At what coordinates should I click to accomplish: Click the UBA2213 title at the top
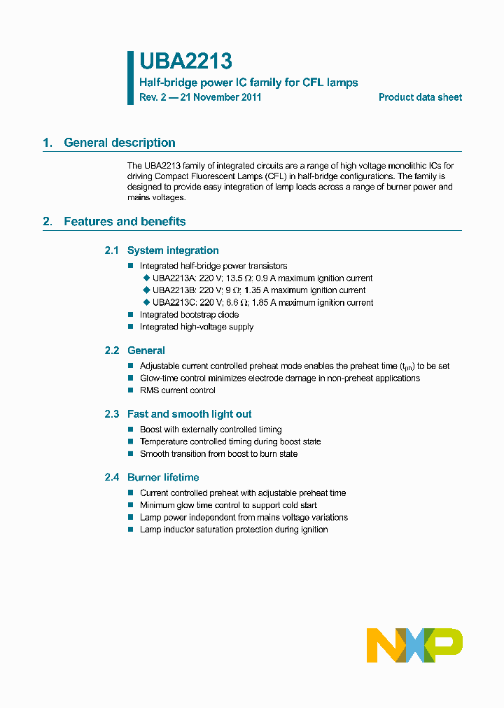click(x=185, y=62)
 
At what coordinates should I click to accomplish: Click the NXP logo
click(x=414, y=644)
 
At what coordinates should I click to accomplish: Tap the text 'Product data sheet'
click(x=420, y=97)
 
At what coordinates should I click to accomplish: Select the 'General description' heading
click(x=120, y=143)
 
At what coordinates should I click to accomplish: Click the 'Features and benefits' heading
click(x=125, y=222)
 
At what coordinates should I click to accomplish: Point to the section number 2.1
click(x=112, y=250)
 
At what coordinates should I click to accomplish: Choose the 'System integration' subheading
click(x=173, y=250)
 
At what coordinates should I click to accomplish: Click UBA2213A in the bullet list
click(x=174, y=278)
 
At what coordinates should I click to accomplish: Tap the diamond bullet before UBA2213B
click(x=146, y=290)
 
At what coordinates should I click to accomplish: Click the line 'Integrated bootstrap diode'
click(x=189, y=315)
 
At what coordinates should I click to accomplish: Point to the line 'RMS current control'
click(x=178, y=390)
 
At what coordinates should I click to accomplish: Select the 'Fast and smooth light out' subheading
click(x=189, y=414)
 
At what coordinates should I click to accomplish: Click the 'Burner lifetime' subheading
click(x=163, y=477)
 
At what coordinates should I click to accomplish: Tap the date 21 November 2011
click(x=220, y=97)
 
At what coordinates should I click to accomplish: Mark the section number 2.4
click(x=112, y=477)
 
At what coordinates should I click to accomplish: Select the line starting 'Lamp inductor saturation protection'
click(x=234, y=530)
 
